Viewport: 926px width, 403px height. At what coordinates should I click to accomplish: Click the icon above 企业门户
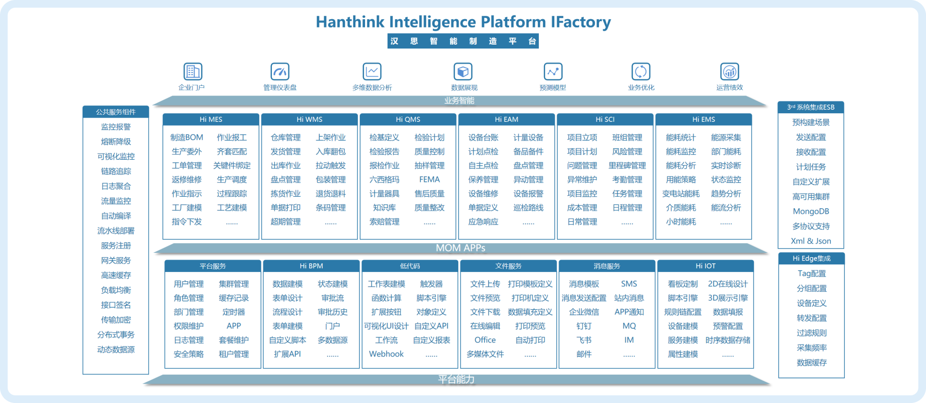coord(193,72)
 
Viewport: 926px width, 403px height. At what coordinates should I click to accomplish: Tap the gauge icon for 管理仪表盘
coord(280,72)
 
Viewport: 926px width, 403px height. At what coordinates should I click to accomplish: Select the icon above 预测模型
coord(553,72)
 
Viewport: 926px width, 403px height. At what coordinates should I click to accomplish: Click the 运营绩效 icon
coord(730,72)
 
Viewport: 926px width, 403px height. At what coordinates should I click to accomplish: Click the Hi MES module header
coord(211,119)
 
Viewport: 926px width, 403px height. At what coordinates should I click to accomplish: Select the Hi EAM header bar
coord(506,119)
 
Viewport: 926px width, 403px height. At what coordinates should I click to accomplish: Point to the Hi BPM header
coord(311,266)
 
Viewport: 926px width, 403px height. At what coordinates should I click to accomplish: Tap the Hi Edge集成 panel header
coord(811,259)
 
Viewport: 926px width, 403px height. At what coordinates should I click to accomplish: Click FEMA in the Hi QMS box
coord(429,179)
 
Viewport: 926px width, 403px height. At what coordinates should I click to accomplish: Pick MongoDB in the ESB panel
coord(811,212)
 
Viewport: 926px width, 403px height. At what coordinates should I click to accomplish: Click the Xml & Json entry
coord(811,241)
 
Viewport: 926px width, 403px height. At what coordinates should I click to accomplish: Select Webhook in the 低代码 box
coord(386,354)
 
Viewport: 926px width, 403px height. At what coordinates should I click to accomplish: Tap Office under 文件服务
coord(485,340)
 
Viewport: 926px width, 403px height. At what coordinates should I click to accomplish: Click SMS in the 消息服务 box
coord(629,284)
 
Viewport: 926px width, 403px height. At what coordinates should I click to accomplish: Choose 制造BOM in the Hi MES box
coord(187,138)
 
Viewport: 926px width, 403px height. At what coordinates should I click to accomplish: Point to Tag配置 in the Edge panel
coord(812,273)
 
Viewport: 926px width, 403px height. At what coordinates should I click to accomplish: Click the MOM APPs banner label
coord(460,248)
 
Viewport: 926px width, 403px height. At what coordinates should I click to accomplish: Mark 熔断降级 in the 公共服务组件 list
coord(116,142)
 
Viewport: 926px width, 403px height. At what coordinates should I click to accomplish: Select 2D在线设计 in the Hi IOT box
coord(728,284)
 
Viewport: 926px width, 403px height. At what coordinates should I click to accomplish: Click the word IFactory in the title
coord(580,22)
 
